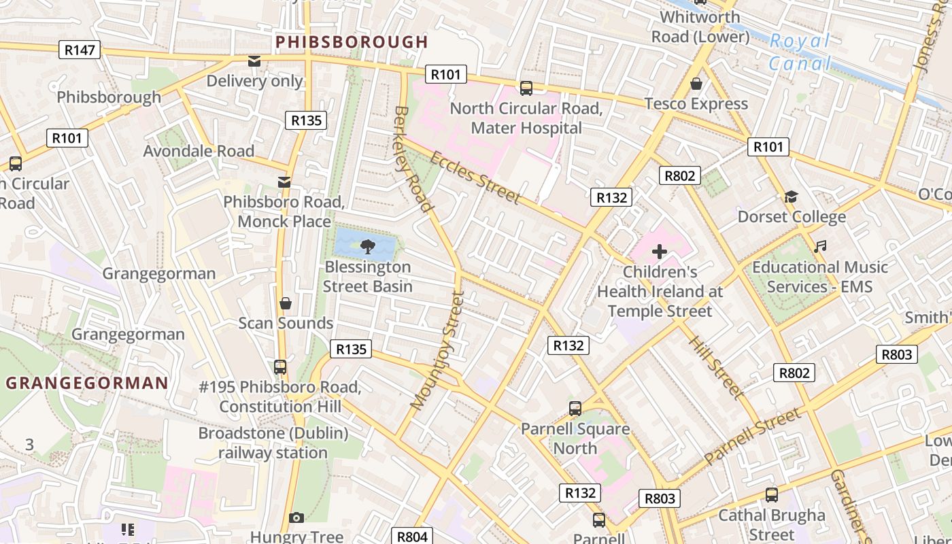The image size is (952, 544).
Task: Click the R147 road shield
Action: (x=80, y=50)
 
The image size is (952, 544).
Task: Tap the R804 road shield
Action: (x=412, y=536)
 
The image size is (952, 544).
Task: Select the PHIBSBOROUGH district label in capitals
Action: (x=352, y=42)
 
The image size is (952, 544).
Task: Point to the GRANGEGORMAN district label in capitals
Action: (x=87, y=383)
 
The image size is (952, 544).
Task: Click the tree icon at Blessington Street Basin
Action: (x=368, y=246)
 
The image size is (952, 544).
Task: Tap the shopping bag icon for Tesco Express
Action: (x=696, y=84)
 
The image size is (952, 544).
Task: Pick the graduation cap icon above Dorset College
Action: (x=791, y=197)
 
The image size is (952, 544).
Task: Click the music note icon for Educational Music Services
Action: (x=820, y=247)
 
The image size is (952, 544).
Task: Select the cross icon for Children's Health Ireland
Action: (x=659, y=252)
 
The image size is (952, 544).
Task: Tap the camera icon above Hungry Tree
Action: (x=296, y=517)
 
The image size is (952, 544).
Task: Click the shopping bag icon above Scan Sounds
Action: (x=286, y=303)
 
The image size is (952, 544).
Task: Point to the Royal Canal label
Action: (x=800, y=52)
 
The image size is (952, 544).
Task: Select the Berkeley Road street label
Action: (x=413, y=158)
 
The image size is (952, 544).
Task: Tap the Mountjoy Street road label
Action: (x=438, y=351)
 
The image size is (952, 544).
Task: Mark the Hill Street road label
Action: (x=715, y=366)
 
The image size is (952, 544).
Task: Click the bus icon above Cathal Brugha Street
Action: (x=772, y=495)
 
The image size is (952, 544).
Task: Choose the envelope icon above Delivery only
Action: (x=254, y=61)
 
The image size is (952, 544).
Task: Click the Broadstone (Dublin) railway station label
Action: (x=273, y=443)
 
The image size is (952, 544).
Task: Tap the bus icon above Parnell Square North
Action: (x=575, y=409)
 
